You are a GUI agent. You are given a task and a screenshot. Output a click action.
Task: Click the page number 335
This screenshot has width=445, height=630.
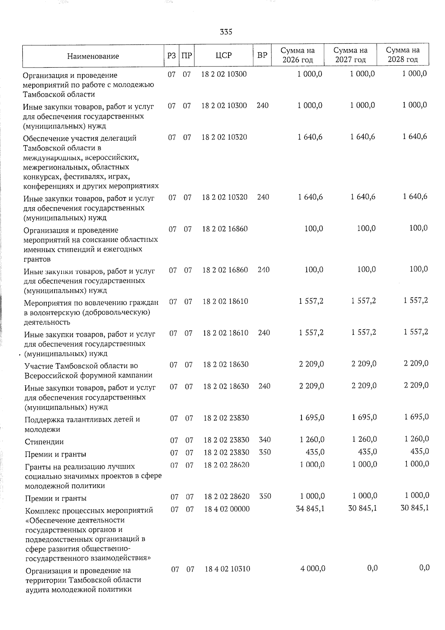coord(226,32)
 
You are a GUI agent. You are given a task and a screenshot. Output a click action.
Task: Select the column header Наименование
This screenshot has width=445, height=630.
coord(93,56)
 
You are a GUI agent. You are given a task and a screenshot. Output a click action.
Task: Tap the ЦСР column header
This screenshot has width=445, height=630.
coord(224,56)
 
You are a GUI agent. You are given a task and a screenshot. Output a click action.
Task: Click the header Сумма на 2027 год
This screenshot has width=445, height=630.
coord(350,55)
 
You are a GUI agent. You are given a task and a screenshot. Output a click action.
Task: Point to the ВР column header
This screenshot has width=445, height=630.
coord(262,56)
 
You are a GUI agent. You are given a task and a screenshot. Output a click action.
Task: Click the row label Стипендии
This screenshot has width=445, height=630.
coord(44,442)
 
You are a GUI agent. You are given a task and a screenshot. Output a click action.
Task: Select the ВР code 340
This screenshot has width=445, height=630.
coord(265,440)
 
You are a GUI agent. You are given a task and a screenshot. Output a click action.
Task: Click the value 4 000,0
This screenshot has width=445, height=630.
coord(313,568)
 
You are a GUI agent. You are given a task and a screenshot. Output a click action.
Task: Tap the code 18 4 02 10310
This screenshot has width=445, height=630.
coord(227,568)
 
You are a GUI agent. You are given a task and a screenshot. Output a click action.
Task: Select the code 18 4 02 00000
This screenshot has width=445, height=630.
coord(227,509)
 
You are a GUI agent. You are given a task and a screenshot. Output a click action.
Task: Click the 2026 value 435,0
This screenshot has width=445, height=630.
coord(314,452)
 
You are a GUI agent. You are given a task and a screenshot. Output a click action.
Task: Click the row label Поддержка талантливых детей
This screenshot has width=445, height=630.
coord(82,420)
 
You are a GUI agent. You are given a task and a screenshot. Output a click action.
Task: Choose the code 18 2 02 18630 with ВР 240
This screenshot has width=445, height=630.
coord(226,386)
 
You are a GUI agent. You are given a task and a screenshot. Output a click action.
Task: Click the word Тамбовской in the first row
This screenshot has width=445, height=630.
coord(42,94)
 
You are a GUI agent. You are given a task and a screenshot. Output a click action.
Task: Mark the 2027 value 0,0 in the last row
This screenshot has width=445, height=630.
coord(372,568)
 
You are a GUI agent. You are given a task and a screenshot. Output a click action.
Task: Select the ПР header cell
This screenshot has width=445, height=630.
coord(187,56)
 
